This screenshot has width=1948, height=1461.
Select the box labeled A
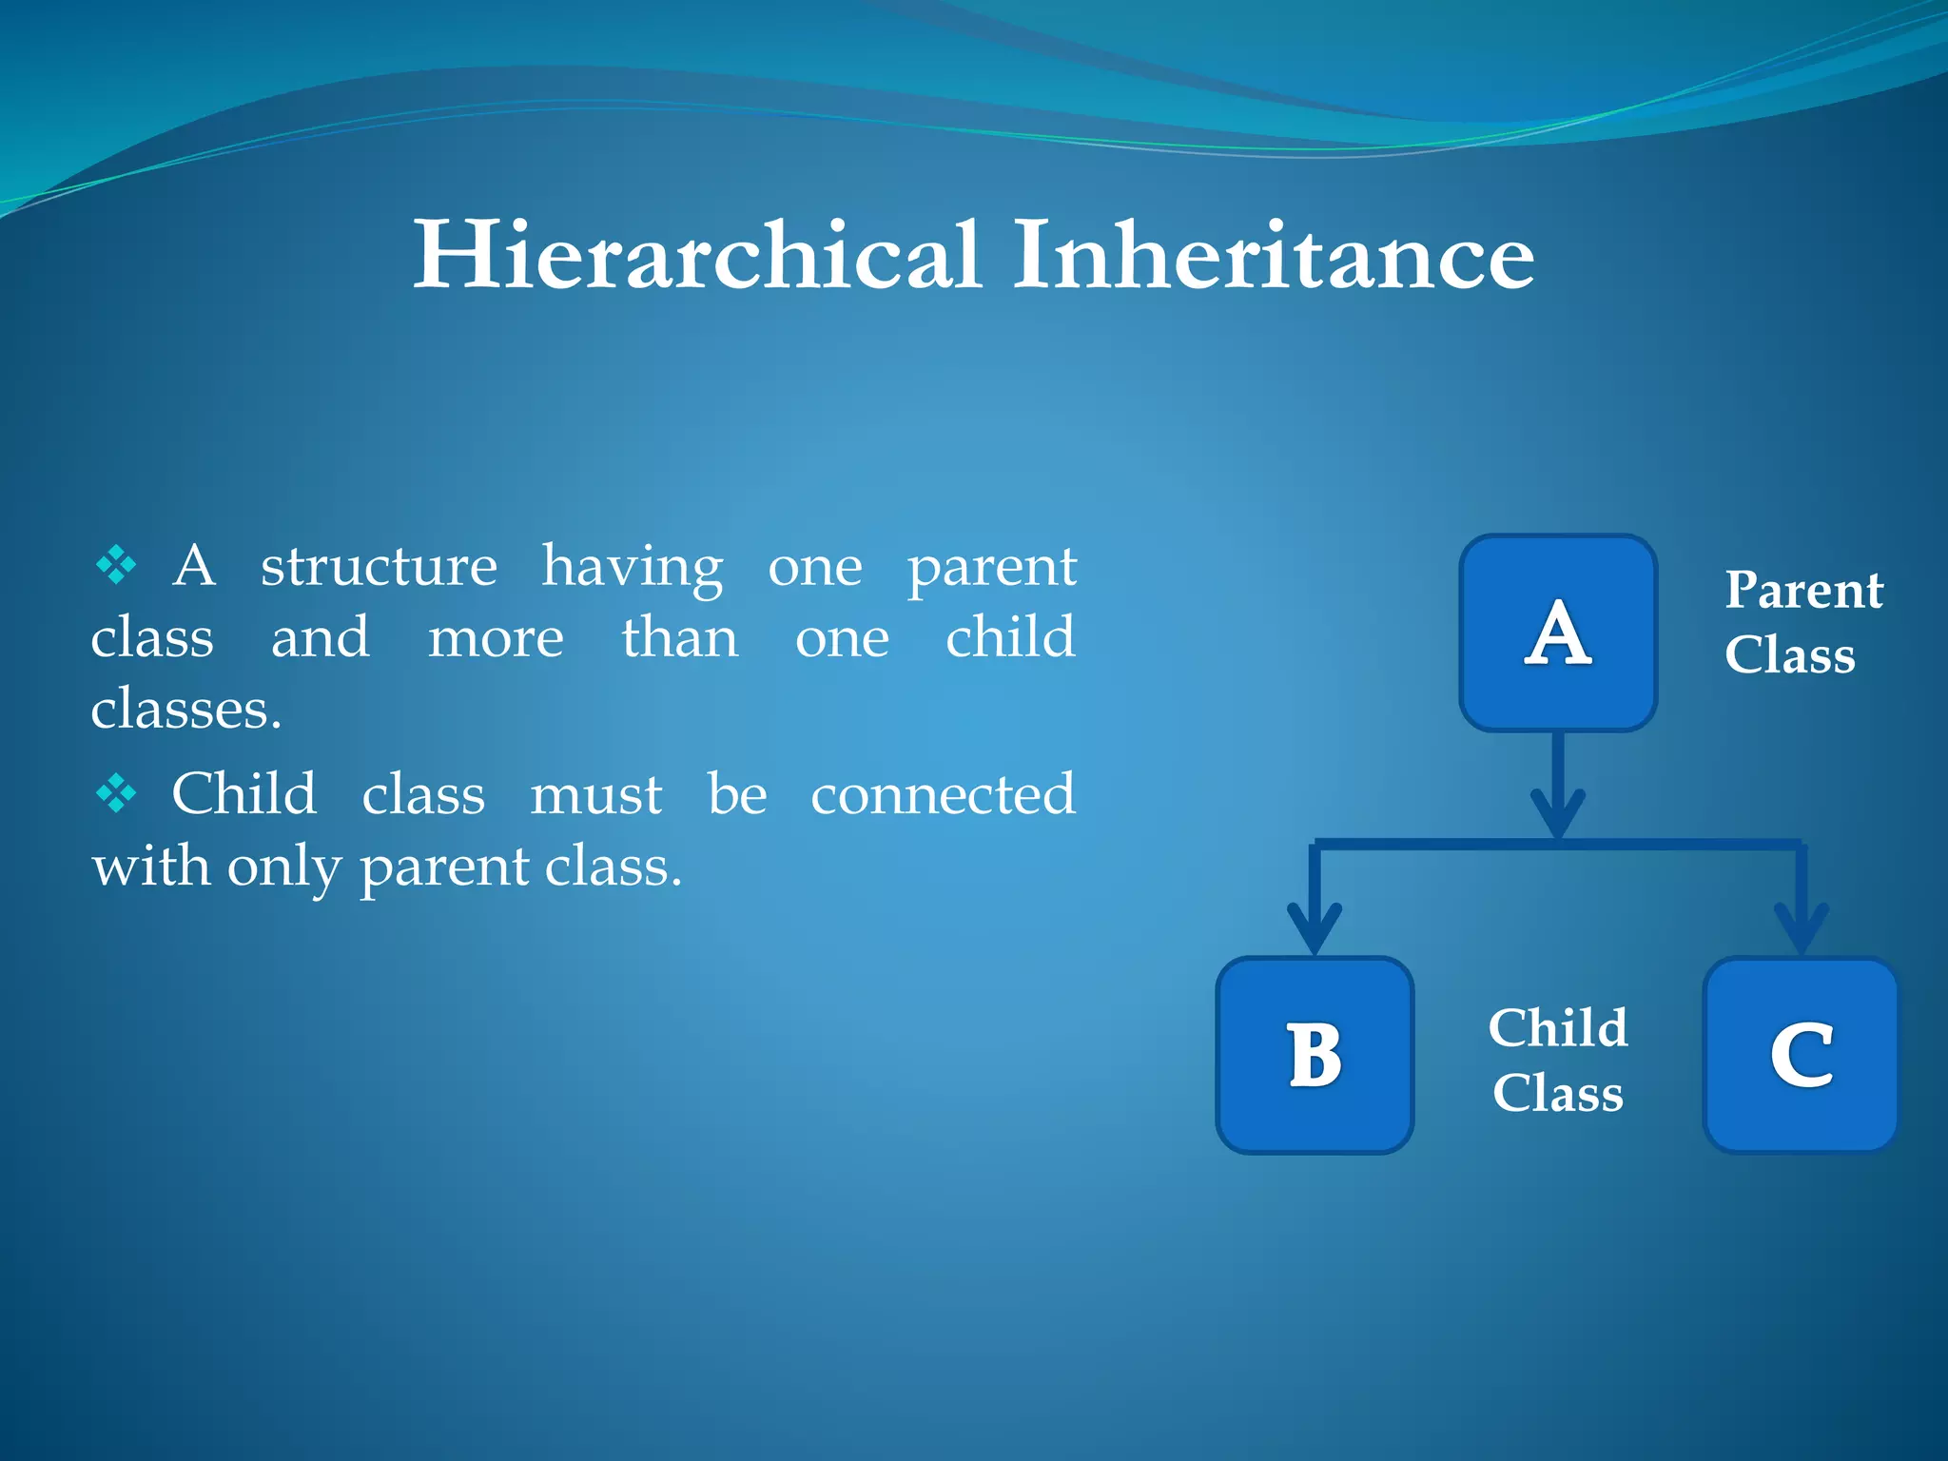click(x=1558, y=633)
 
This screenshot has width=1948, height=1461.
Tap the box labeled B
click(x=1315, y=1055)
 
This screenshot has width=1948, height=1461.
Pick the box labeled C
click(x=1801, y=1055)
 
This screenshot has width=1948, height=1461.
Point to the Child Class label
click(x=1558, y=1060)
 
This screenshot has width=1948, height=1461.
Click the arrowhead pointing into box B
click(x=1315, y=926)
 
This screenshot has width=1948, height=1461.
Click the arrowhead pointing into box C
click(x=1802, y=926)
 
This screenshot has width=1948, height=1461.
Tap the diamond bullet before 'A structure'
click(x=116, y=565)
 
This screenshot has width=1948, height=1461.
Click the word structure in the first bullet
click(x=379, y=567)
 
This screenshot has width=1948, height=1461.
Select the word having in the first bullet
click(x=633, y=569)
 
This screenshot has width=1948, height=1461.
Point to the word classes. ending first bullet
click(x=186, y=710)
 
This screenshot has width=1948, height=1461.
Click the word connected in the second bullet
click(x=943, y=794)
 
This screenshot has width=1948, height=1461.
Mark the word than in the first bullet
click(x=680, y=637)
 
